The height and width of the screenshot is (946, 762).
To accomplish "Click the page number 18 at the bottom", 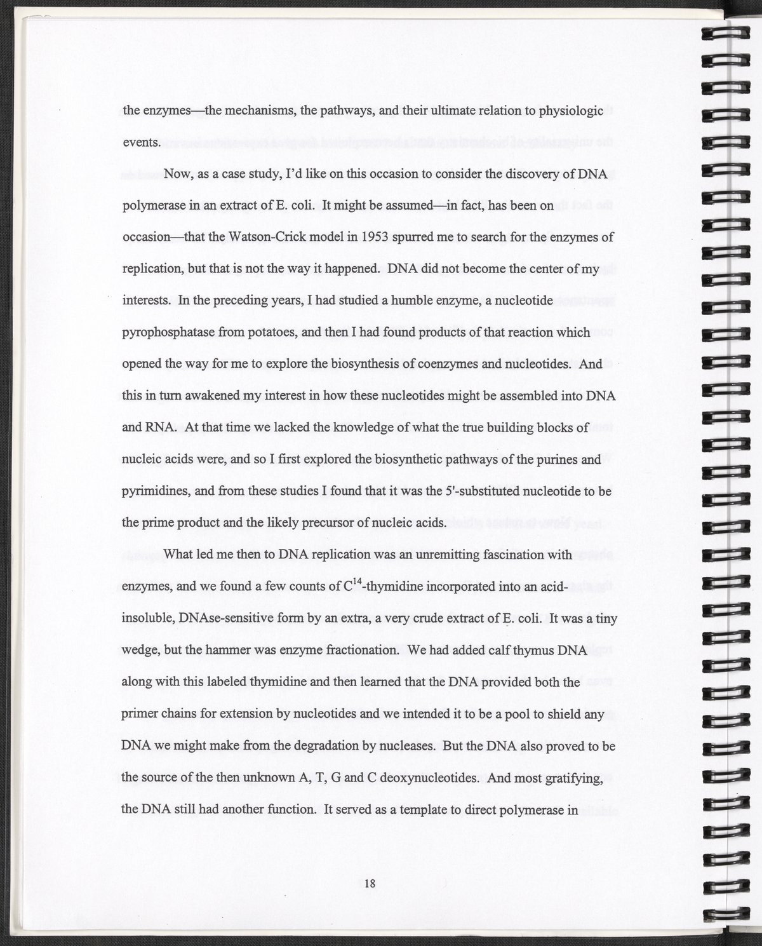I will (x=371, y=882).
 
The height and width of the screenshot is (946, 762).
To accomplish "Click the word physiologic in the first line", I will (x=571, y=111).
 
